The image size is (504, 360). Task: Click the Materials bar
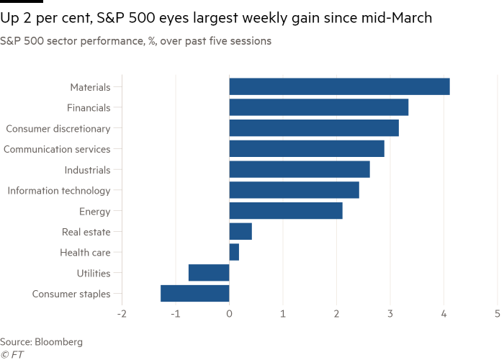coord(339,87)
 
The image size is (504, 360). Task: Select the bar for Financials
coord(319,108)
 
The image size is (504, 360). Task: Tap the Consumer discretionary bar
coord(314,129)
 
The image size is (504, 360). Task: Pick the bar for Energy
coord(286,212)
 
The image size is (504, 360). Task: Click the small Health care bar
coord(234,253)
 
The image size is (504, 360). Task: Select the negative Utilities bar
coord(209,274)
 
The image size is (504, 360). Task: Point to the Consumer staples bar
coord(195,294)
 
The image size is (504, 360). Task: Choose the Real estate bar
coord(240,232)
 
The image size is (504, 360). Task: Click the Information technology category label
coord(58,191)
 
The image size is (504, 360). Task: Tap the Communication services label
coord(57,150)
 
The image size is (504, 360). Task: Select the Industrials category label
coord(87,170)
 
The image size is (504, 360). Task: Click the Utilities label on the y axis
coord(93,274)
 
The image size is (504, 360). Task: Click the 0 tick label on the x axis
coord(229,314)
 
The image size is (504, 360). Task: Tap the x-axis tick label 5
coord(498,314)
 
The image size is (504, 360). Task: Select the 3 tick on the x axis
coord(390,314)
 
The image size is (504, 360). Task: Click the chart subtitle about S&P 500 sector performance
coord(136,42)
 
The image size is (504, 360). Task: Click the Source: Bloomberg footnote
coord(42,341)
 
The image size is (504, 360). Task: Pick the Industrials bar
coord(300,170)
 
